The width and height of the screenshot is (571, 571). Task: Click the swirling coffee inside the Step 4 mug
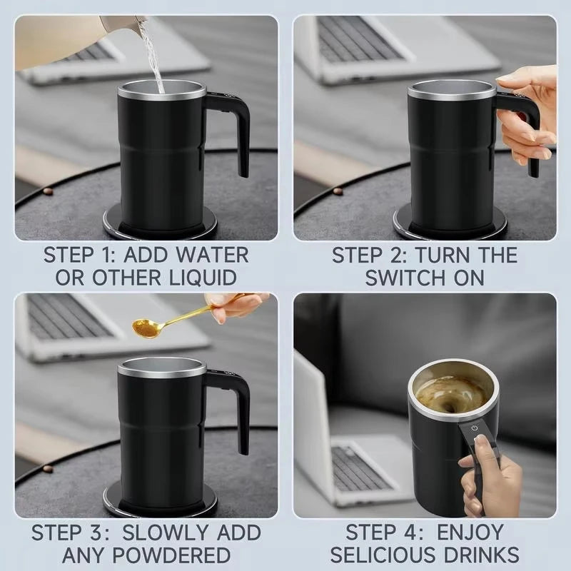click(451, 393)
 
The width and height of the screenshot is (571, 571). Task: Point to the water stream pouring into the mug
click(152, 57)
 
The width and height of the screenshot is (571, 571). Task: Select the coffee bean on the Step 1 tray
click(47, 191)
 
